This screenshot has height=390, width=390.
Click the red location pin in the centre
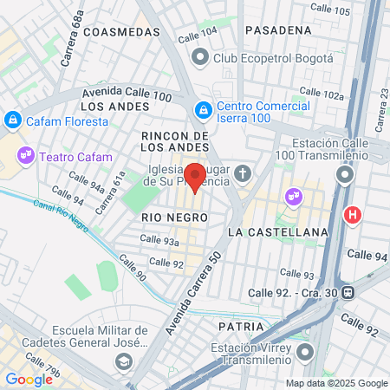click(195, 177)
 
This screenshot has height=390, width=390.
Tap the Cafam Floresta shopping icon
click(13, 120)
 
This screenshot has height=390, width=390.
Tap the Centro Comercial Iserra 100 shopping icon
click(203, 111)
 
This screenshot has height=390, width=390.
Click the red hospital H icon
click(353, 214)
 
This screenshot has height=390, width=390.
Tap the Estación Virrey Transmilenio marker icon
click(304, 353)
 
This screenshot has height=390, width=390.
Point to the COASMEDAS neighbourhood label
click(125, 31)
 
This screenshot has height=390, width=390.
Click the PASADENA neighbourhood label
click(278, 29)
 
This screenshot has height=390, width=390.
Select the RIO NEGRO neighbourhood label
click(165, 217)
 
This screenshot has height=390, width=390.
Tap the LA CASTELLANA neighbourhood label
click(278, 232)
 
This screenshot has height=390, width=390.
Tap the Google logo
click(29, 379)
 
